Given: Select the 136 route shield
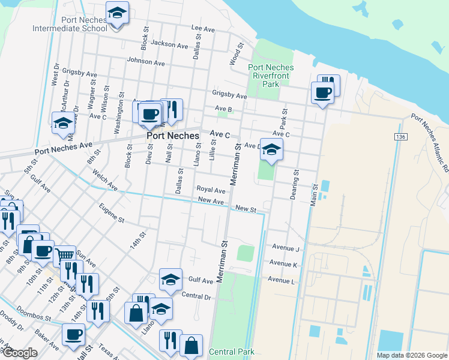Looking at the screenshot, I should pos(400,137).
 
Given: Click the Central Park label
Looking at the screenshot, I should pos(232,352).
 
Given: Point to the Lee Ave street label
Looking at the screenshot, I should pos(202,28).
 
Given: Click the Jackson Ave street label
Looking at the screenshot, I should pos(170,44).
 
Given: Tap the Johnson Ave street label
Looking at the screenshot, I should pos(145,61).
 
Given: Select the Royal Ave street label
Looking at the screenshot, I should pos(211,190).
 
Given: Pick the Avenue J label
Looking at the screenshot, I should pos(285,248).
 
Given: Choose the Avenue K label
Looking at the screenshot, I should pos(283,264).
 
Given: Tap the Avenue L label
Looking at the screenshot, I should pos(282,280).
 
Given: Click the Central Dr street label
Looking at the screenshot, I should pos(196,296).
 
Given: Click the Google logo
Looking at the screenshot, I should pos(19,353).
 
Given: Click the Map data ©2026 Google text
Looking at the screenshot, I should pos(411,355).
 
